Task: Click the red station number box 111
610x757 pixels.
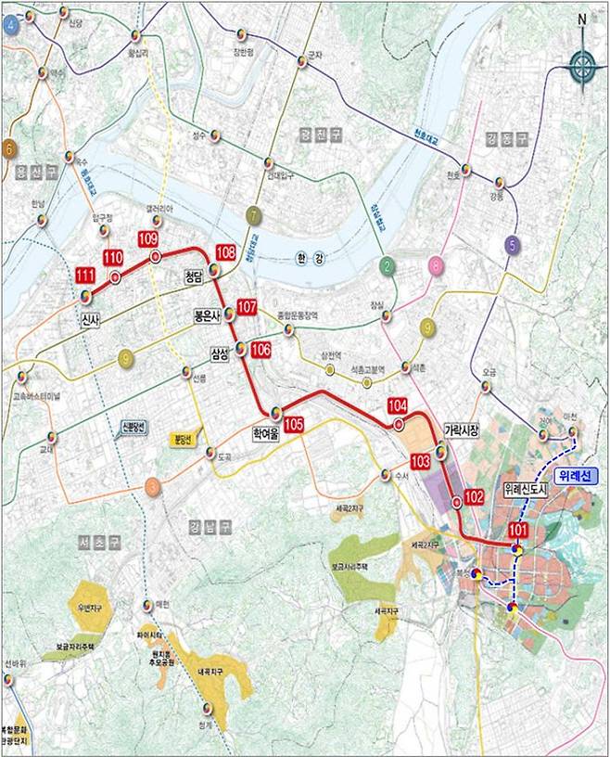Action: [x=85, y=276]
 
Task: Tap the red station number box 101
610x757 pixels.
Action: [x=518, y=531]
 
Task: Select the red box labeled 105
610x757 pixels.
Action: [x=294, y=424]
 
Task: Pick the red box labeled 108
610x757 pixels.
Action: [x=225, y=252]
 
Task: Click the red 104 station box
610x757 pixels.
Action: [x=398, y=405]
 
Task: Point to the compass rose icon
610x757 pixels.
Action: [x=581, y=63]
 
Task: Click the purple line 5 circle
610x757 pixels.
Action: [x=511, y=245]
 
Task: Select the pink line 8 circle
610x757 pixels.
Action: [x=435, y=267]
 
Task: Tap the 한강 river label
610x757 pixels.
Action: [x=307, y=259]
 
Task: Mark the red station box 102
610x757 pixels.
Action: [x=474, y=497]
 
